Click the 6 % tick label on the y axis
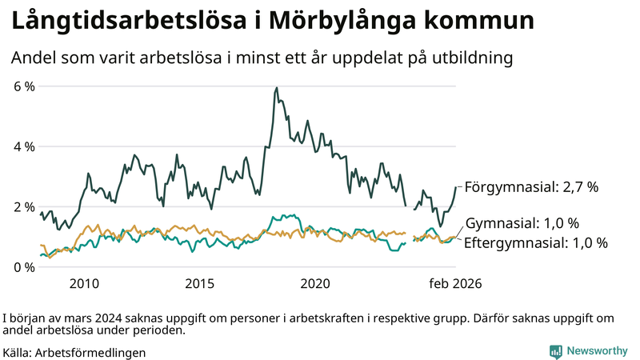pyautogui.click(x=24, y=86)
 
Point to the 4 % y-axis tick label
pyautogui.click(x=24, y=146)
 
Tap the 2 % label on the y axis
pyautogui.click(x=24, y=206)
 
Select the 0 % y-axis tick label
pyautogui.click(x=24, y=267)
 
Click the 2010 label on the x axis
pyautogui.click(x=84, y=283)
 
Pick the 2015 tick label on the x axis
pyautogui.click(x=199, y=283)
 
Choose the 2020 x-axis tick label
pyautogui.click(x=315, y=283)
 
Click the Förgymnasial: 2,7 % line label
pyautogui.click(x=531, y=187)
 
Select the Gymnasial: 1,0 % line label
pyautogui.click(x=522, y=223)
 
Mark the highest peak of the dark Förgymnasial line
pyautogui.click(x=277, y=88)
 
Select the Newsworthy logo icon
pyautogui.click(x=555, y=351)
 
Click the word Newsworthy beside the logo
pyautogui.click(x=597, y=351)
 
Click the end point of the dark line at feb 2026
pyautogui.click(x=455, y=187)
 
